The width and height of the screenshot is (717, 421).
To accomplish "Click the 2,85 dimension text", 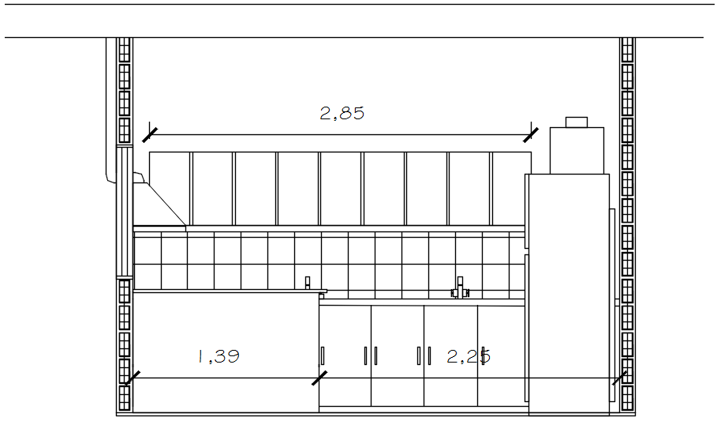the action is pos(342,113).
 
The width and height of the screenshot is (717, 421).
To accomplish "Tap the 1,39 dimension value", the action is pos(218,356).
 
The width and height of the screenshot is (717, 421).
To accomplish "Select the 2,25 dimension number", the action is pos(469,356).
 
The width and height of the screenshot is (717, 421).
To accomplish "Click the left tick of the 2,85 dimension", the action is pos(150,135).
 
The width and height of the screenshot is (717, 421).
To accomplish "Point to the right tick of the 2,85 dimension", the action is pos(531,135).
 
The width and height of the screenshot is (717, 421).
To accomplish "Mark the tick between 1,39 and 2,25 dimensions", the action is pos(319,378).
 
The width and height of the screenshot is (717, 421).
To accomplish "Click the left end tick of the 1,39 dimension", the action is pos(133,378).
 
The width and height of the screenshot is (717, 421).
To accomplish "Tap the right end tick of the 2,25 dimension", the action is pos(620,378).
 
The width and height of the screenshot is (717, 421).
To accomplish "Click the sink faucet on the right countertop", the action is pos(460,288).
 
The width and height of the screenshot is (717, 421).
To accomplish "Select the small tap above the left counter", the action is pos(308,283).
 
